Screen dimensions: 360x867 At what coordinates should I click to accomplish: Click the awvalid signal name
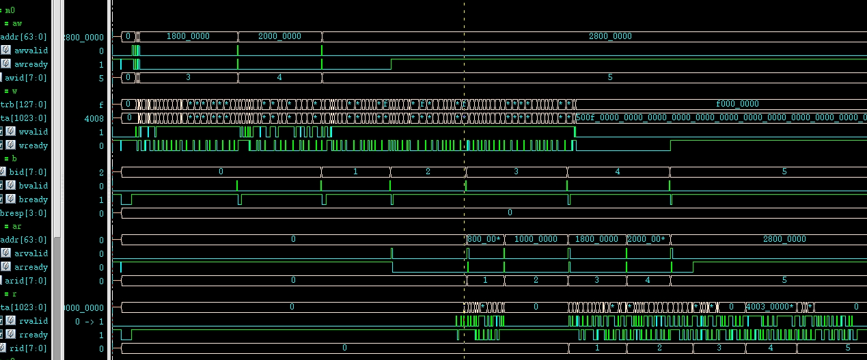pos(31,51)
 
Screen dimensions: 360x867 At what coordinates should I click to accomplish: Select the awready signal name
pos(31,64)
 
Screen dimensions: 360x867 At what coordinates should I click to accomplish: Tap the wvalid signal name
pos(31,132)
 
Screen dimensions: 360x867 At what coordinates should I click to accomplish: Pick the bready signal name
pos(31,199)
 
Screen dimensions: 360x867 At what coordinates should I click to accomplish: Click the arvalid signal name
pos(31,253)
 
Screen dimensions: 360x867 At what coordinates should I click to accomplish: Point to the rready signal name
pos(31,335)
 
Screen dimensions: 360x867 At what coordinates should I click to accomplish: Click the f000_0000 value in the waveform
pos(737,104)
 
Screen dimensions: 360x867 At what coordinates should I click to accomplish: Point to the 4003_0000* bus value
pos(770,307)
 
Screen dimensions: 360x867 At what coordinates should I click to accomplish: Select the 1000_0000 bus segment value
pos(535,239)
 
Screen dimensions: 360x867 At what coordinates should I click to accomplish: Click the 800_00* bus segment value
pos(484,239)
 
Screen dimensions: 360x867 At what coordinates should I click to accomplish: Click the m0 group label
pos(10,10)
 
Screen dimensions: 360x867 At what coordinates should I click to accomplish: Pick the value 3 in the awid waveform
pos(188,77)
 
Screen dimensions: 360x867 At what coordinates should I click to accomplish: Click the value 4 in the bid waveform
pos(618,172)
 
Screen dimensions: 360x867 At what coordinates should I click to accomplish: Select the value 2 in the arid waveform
pos(535,280)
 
